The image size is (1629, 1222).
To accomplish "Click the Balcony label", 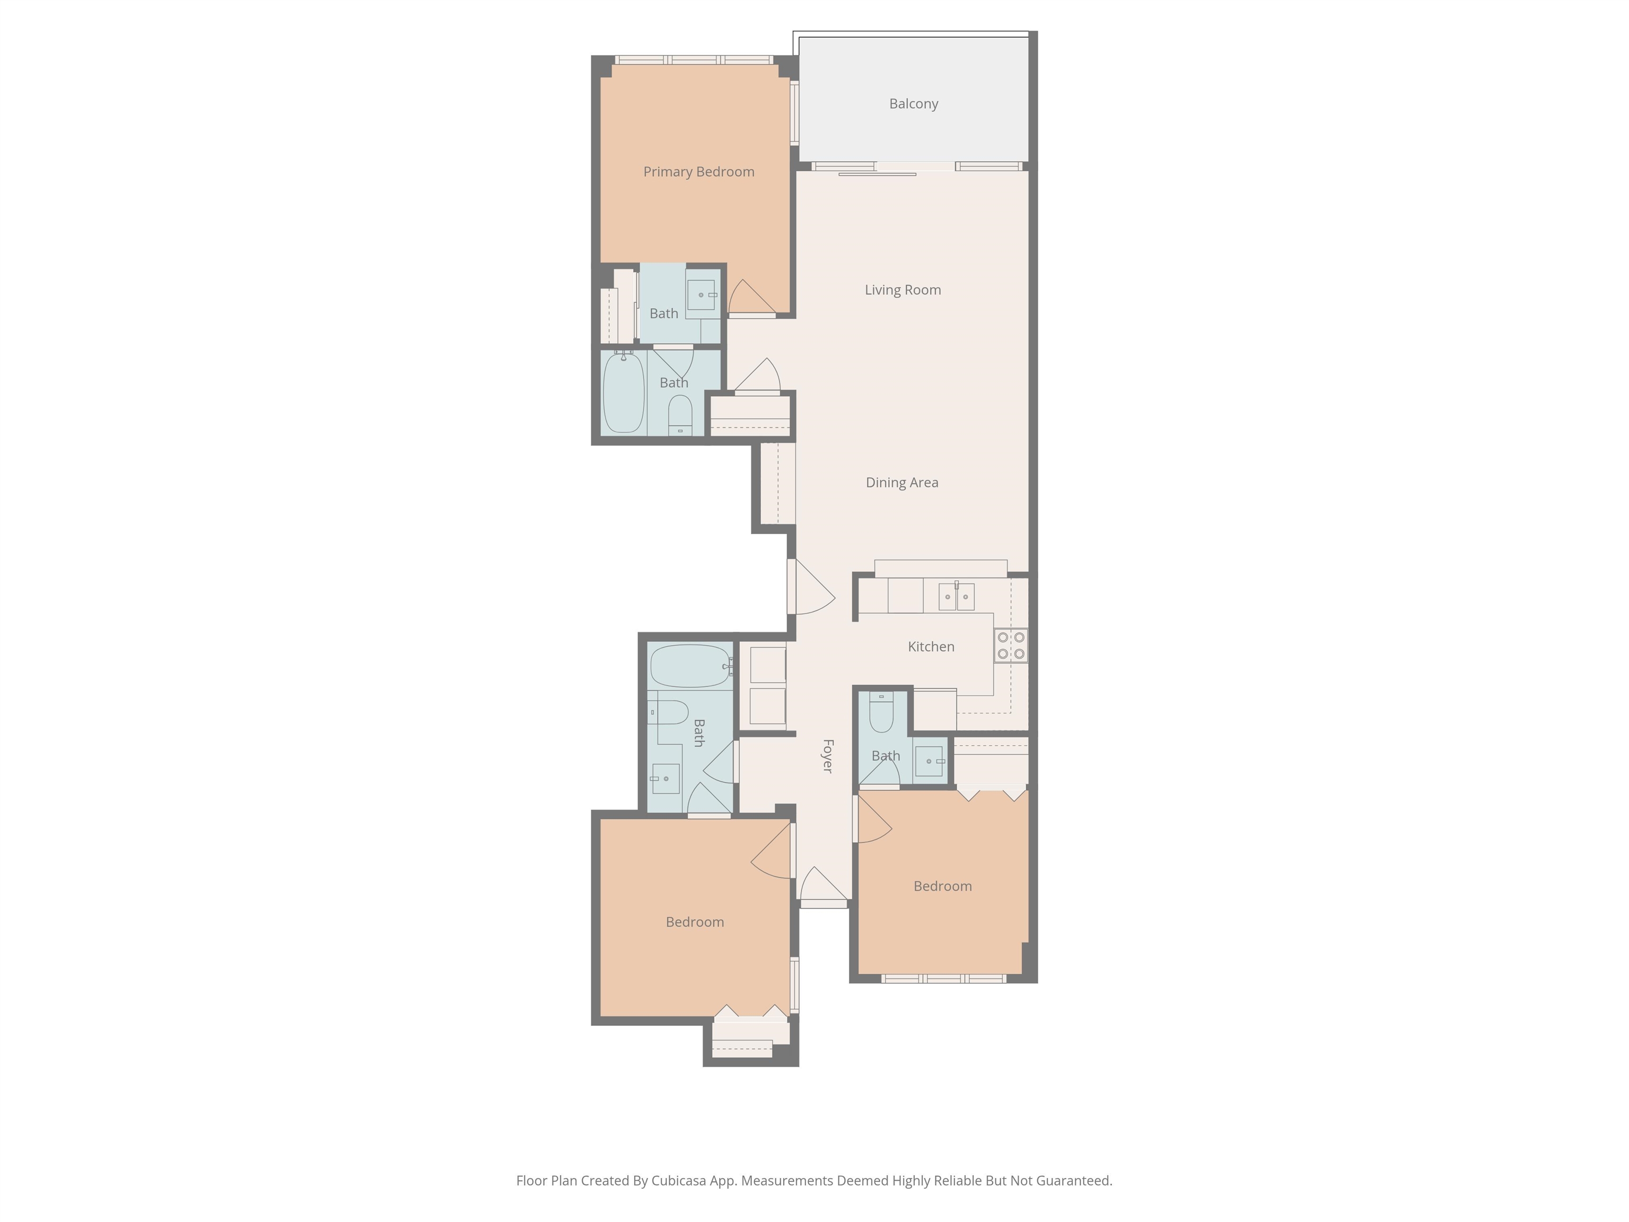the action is pyautogui.click(x=913, y=104).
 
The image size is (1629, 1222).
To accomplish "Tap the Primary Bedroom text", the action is pyautogui.click(x=699, y=172).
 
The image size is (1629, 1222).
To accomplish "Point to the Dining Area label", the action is pyautogui.click(x=902, y=483).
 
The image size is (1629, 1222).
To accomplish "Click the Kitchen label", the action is pyautogui.click(x=931, y=647).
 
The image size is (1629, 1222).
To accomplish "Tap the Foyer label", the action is pyautogui.click(x=828, y=756).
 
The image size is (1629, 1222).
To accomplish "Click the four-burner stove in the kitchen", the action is pyautogui.click(x=1010, y=645).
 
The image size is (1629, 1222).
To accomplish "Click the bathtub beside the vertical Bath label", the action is pyautogui.click(x=691, y=666).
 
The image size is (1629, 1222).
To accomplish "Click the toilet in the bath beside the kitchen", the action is pyautogui.click(x=881, y=712).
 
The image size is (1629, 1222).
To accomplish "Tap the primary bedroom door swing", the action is pyautogui.click(x=752, y=298).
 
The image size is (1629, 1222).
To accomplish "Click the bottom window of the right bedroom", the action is pyautogui.click(x=943, y=978).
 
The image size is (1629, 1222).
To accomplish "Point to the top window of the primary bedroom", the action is pyautogui.click(x=694, y=59).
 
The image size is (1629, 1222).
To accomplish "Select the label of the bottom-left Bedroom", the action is pyautogui.click(x=695, y=922).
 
